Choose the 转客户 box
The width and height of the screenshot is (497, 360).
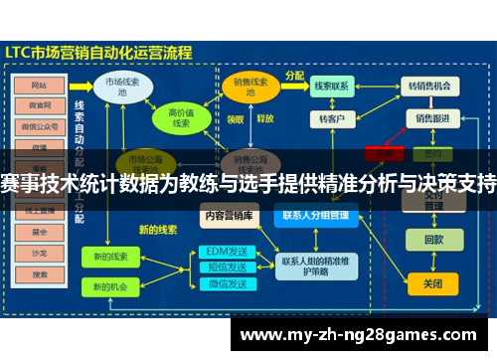[x=331, y=119]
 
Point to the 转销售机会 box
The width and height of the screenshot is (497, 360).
[x=430, y=87]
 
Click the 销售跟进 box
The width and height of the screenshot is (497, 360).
[x=432, y=118]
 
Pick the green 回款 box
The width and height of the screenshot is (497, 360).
[x=433, y=240]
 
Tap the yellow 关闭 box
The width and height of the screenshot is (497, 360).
[x=433, y=282]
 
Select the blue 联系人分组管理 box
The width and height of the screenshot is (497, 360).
[x=315, y=214]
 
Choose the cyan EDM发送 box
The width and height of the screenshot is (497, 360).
[x=225, y=252]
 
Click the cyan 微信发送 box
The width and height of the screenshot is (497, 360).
[x=225, y=285]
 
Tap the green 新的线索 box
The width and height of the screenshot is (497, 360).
[x=110, y=257]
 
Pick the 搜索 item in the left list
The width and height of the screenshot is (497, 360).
[x=40, y=274]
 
